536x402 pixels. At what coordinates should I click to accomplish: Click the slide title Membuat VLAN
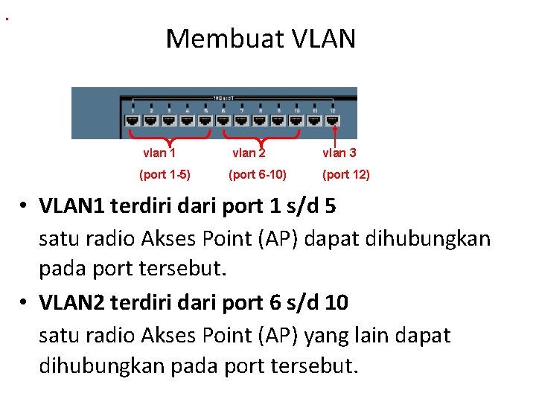point(261,38)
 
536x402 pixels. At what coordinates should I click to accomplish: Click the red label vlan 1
point(159,153)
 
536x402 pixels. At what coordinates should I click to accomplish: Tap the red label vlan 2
point(249,153)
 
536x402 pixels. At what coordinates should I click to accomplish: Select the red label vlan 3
point(339,153)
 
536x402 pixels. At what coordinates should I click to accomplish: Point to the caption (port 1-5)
point(165,175)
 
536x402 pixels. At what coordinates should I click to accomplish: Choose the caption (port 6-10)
point(257,175)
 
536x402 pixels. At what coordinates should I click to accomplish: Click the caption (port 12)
point(345,175)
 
